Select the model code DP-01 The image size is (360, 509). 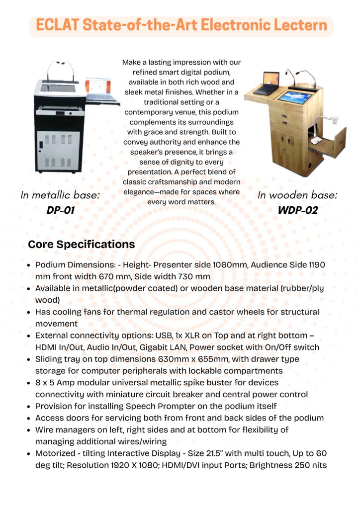pos(60,210)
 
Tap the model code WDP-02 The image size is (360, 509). pos(297,210)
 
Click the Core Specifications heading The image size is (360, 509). pos(81,245)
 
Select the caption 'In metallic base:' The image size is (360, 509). pos(60,195)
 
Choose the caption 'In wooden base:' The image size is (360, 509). pos(297,195)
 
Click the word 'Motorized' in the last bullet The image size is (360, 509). pos(56,453)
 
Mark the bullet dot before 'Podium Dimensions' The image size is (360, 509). pos(29,265)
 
